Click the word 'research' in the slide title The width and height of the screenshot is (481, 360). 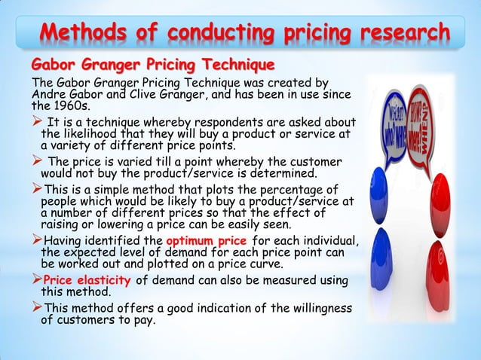(x=406, y=35)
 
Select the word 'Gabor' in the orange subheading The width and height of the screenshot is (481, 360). (x=54, y=62)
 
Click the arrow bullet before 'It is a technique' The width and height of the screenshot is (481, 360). (x=35, y=123)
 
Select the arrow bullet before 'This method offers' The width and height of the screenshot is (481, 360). (x=35, y=307)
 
